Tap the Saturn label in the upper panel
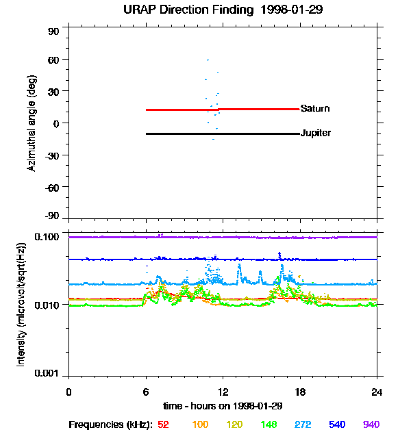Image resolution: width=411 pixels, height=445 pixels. pos(315,109)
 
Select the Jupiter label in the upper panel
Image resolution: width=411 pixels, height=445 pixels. pos(316,133)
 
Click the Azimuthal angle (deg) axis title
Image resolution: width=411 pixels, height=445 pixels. pos(32,123)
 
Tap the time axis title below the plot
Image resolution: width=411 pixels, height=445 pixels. pos(222,405)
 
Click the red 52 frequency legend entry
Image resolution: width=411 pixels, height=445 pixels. pos(163,425)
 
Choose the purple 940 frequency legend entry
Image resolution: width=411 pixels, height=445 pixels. pos(371,425)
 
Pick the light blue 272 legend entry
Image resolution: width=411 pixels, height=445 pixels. pos(302,425)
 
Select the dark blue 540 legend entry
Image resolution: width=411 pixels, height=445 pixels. pos(336,425)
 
